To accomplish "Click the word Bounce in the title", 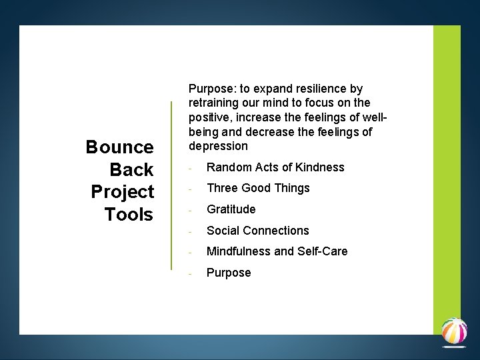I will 119,147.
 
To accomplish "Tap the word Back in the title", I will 131,169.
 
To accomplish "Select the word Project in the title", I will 123,192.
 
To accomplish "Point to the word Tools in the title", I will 129,215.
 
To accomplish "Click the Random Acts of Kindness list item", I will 275,167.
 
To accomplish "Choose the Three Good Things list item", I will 258,188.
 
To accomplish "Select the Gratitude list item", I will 231,209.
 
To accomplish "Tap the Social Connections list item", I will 257,231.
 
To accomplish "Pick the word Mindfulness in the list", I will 239,251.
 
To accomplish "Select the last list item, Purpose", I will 229,273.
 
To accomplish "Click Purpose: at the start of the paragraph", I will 211,89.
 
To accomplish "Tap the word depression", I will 218,146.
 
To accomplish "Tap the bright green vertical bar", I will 446,167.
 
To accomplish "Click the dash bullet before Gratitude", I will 191,210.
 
